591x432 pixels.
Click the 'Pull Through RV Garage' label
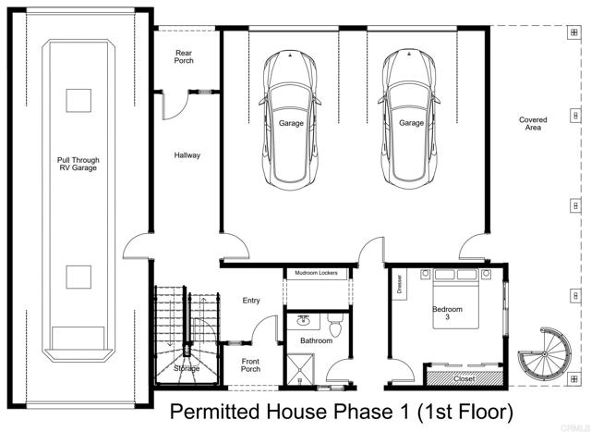click(78, 164)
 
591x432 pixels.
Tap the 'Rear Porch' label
click(184, 58)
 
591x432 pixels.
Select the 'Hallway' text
click(187, 155)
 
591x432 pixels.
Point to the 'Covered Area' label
click(533, 124)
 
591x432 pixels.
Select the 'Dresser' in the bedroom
click(398, 284)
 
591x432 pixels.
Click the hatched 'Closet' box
click(464, 378)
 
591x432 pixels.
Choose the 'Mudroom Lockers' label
click(316, 274)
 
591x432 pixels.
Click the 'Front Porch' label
click(250, 365)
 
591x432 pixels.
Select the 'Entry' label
click(250, 301)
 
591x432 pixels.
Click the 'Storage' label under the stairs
click(187, 369)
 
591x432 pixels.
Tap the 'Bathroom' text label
click(316, 340)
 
